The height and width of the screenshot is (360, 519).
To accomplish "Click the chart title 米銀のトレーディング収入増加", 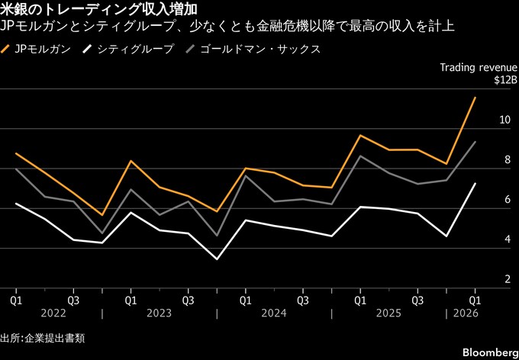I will (100, 10).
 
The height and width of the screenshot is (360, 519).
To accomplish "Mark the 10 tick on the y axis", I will (501, 120).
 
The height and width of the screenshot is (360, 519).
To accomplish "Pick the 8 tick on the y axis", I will (504, 159).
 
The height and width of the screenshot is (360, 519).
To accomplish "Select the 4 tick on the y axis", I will (504, 239).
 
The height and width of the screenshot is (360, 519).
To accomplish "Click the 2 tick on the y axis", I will (504, 280).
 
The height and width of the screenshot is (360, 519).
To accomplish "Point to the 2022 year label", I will (44, 313).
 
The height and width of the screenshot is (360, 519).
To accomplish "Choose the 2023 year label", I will (160, 313).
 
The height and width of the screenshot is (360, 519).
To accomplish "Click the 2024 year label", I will (274, 313).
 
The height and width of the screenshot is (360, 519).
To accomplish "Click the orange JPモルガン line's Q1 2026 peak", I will (475, 98).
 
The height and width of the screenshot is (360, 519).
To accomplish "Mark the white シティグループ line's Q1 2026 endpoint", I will (475, 184).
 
